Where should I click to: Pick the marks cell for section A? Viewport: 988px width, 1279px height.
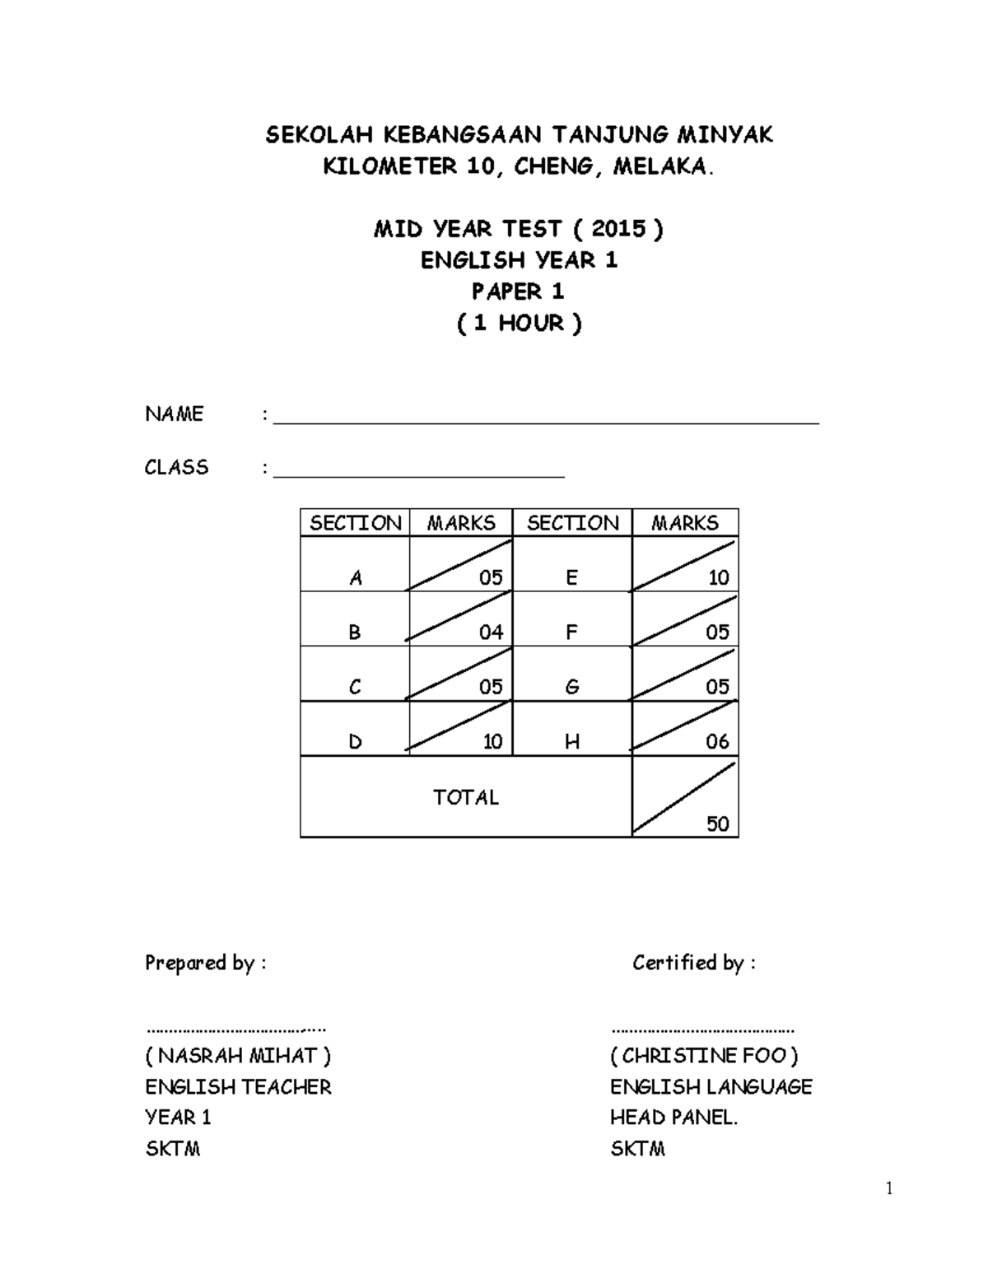coord(461,565)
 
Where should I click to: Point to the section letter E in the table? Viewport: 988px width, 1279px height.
coord(571,577)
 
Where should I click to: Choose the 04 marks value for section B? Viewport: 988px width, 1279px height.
coord(491,632)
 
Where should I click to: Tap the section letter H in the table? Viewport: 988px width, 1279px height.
coord(571,742)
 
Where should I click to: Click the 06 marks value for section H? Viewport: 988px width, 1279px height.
coord(717,741)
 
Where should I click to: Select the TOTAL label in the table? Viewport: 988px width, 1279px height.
coord(466,797)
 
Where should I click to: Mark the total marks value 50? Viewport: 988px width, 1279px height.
coord(717,824)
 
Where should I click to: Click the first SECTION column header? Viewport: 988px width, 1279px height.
coord(355,523)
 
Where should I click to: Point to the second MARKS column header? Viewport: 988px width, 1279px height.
coord(684,523)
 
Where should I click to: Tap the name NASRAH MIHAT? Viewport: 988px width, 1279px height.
coord(238,1056)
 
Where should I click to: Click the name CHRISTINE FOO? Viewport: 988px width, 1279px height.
coord(704,1056)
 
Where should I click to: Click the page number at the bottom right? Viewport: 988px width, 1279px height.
coord(889,1188)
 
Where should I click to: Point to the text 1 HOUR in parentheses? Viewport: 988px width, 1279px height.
coord(519,323)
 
